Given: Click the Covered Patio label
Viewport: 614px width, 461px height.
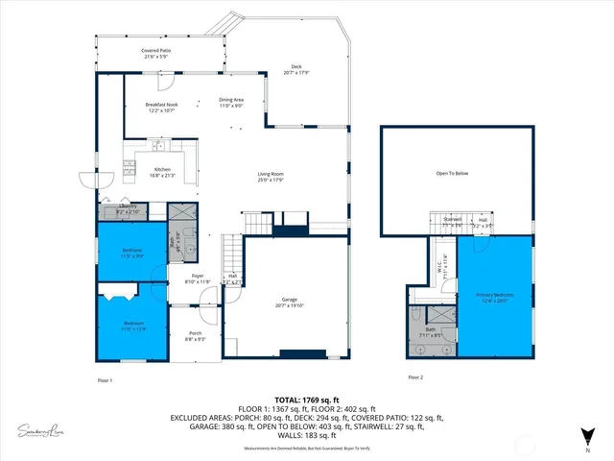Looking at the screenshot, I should coord(155,52).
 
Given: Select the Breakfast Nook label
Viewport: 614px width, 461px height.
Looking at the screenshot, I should coord(162,107).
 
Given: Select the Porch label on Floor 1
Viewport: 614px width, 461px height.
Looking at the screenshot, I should coord(194,335).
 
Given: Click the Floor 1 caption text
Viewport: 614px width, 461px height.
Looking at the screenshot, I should coord(105,380).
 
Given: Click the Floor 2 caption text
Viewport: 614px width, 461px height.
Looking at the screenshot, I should coord(415,377).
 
